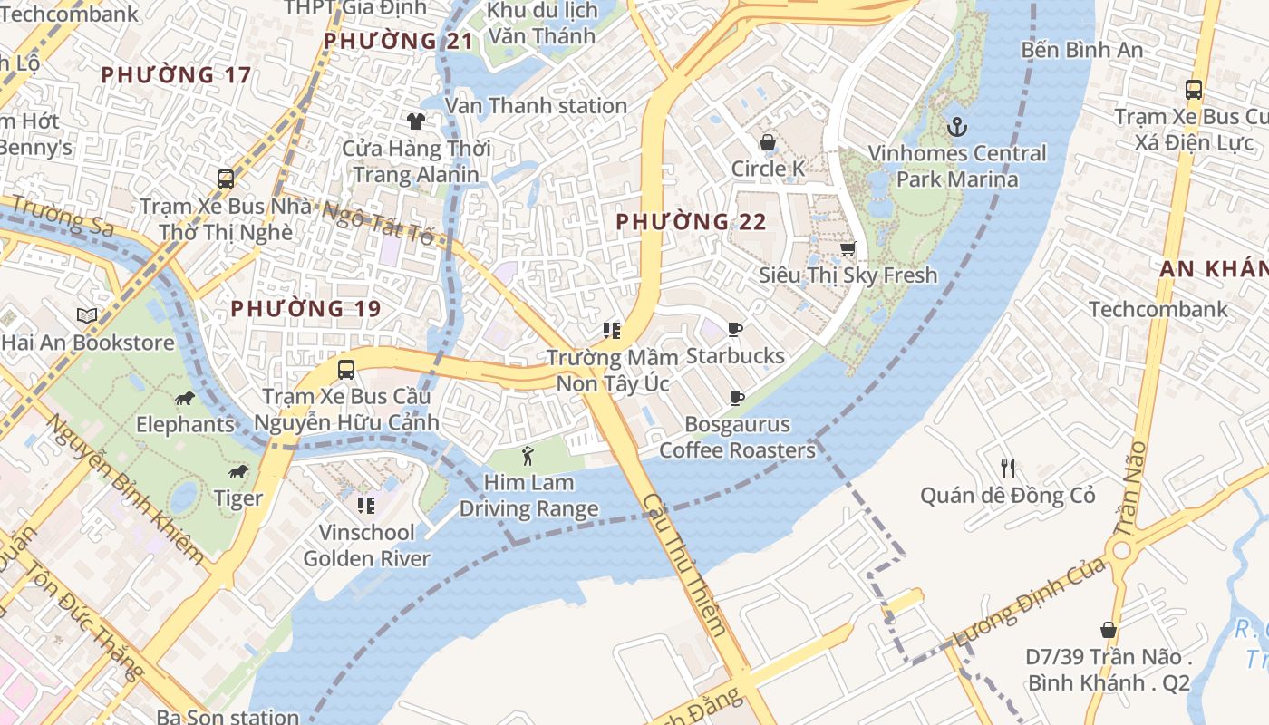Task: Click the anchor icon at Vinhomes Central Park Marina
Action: (956, 126)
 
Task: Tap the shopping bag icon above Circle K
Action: (767, 142)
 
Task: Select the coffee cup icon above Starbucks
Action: (735, 329)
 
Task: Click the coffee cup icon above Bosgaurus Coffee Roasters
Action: (737, 398)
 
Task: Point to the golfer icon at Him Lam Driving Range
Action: (528, 456)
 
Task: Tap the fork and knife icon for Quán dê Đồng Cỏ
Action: (1008, 469)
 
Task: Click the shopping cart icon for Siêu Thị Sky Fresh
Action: (848, 248)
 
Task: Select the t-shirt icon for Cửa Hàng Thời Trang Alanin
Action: (416, 121)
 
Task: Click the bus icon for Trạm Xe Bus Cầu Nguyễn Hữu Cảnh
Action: (345, 370)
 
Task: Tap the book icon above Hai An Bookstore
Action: (87, 316)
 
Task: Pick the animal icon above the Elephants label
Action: (185, 398)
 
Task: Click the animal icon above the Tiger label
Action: (238, 471)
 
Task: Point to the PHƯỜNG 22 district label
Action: (691, 221)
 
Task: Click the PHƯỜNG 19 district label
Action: (305, 308)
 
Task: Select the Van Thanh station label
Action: (536, 105)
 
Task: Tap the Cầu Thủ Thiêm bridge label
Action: (685, 564)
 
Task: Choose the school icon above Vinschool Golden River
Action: (366, 505)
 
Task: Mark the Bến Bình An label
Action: (1082, 50)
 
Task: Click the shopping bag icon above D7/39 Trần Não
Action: (1108, 629)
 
